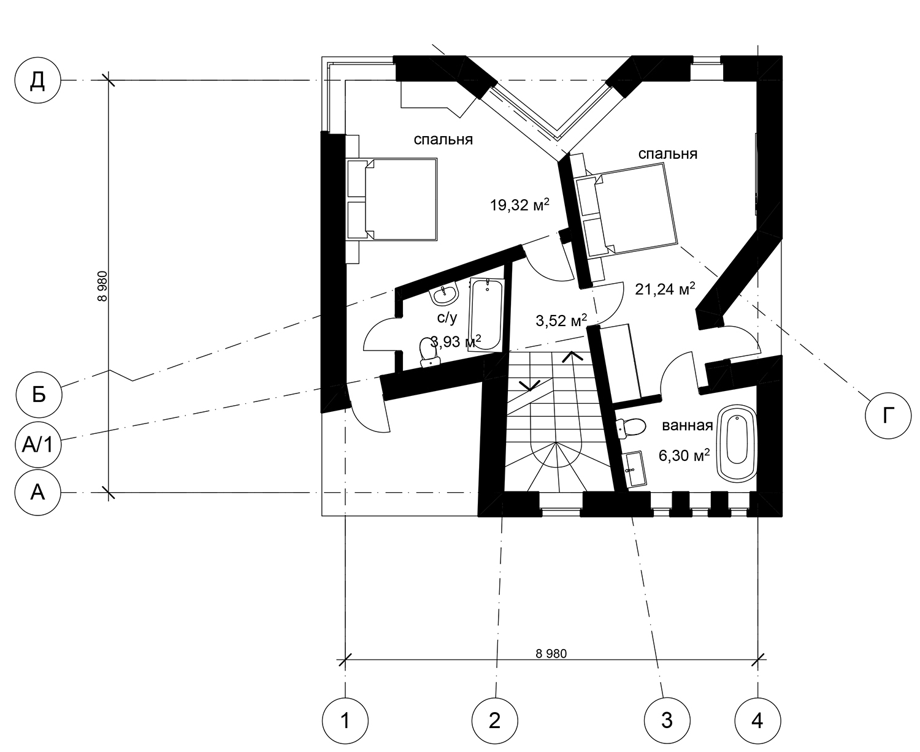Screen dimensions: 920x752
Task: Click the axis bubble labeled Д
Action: [37, 80]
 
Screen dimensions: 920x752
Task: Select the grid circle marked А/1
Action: [37, 445]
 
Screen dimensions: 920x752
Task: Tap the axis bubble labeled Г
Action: [888, 416]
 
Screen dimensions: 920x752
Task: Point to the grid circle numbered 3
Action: [667, 721]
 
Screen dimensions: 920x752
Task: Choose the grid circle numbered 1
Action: [345, 721]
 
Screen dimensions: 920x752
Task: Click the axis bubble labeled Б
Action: [39, 395]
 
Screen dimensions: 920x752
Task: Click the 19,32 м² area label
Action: [519, 205]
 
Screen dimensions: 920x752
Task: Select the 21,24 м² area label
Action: [665, 289]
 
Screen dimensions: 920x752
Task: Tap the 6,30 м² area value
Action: [684, 455]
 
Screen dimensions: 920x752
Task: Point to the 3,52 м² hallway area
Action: [561, 321]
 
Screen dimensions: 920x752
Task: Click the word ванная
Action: [688, 425]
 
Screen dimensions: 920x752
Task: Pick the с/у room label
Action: [447, 318]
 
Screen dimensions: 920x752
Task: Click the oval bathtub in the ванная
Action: [737, 443]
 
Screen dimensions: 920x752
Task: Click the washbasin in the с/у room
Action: [444, 293]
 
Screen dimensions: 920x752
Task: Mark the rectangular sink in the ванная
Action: [635, 469]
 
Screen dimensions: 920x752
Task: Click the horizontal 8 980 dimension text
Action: [551, 654]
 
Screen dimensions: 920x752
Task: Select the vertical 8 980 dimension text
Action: [102, 286]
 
